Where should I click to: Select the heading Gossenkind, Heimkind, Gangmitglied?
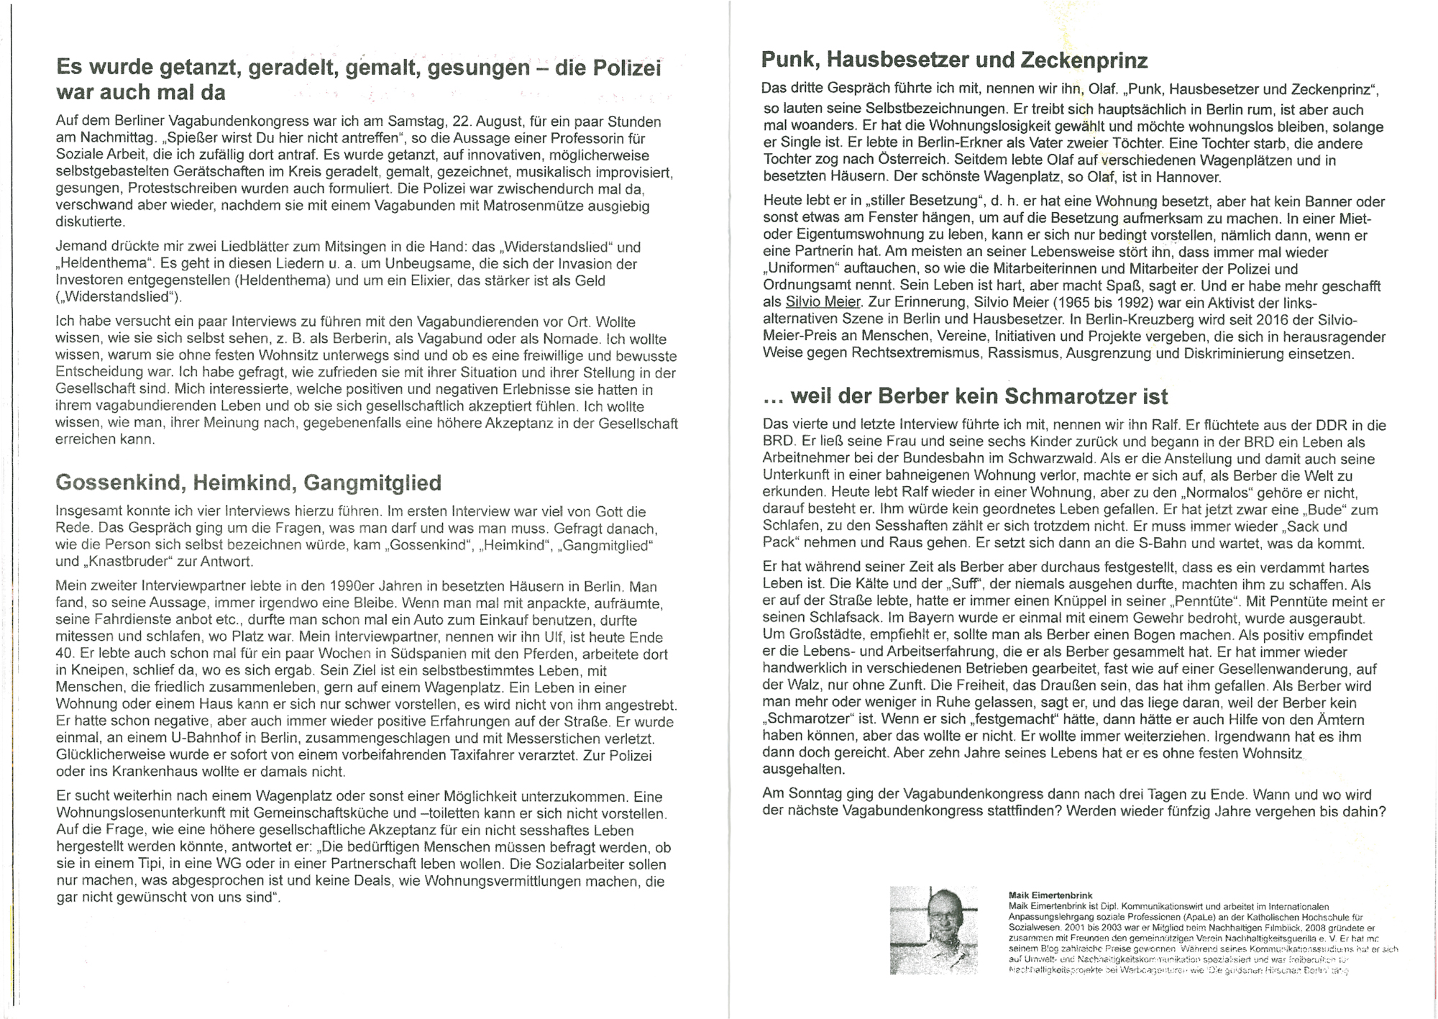pyautogui.click(x=248, y=483)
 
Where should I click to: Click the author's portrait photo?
pyautogui.click(x=933, y=931)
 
